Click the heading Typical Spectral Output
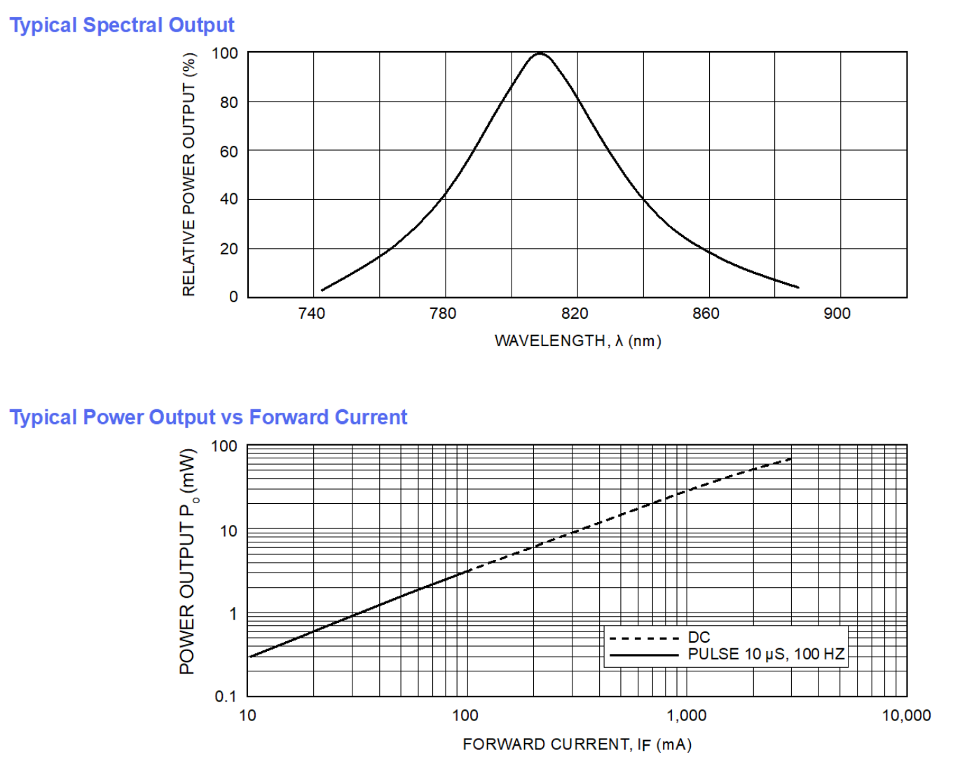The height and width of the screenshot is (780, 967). tap(121, 25)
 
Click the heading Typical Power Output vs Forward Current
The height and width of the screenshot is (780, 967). tap(208, 418)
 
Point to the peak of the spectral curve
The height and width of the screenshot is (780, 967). tap(540, 54)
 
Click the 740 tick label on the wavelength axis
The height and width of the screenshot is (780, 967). tap(311, 313)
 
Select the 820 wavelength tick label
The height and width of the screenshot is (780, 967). tap(575, 313)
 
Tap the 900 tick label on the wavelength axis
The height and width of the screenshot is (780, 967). tap(837, 313)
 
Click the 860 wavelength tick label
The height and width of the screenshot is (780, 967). tap(706, 313)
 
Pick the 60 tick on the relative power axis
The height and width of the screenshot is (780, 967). tap(229, 151)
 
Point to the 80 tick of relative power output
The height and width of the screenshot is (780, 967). tap(229, 102)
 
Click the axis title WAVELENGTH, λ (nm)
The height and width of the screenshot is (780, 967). tap(577, 341)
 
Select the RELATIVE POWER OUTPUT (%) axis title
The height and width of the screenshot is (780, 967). tap(189, 175)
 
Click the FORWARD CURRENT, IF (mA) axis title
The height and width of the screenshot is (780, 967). tap(577, 744)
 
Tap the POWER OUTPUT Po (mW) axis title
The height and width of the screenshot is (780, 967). tap(188, 561)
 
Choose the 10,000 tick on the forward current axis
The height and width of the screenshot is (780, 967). tap(906, 716)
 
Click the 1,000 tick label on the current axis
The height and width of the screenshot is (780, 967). tap(686, 716)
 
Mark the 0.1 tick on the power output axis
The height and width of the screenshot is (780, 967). tap(226, 697)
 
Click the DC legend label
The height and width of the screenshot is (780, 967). tap(699, 637)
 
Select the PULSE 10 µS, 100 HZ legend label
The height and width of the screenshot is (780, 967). tap(766, 655)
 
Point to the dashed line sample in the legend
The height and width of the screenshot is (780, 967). tap(644, 638)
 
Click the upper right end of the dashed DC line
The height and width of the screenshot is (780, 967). tap(791, 459)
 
